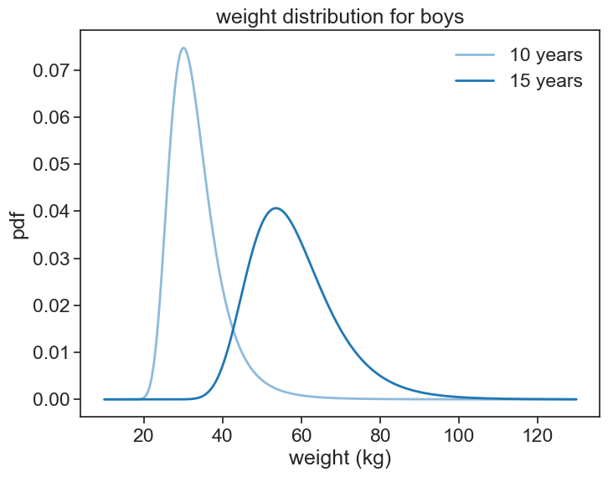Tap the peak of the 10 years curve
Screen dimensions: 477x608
[x=183, y=48]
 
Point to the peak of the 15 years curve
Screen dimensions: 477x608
[x=276, y=208]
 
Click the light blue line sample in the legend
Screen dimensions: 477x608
[x=475, y=55]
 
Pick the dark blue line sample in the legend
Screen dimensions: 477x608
[x=475, y=82]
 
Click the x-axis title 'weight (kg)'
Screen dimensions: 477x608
[x=340, y=458]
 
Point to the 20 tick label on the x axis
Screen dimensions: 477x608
[x=143, y=433]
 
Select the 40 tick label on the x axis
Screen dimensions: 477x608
[x=222, y=433]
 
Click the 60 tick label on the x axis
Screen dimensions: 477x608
[x=301, y=433]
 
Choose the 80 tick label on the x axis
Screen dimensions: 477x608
[x=379, y=433]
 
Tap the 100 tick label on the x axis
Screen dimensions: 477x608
[x=458, y=433]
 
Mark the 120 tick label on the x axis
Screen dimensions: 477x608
[x=537, y=433]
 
